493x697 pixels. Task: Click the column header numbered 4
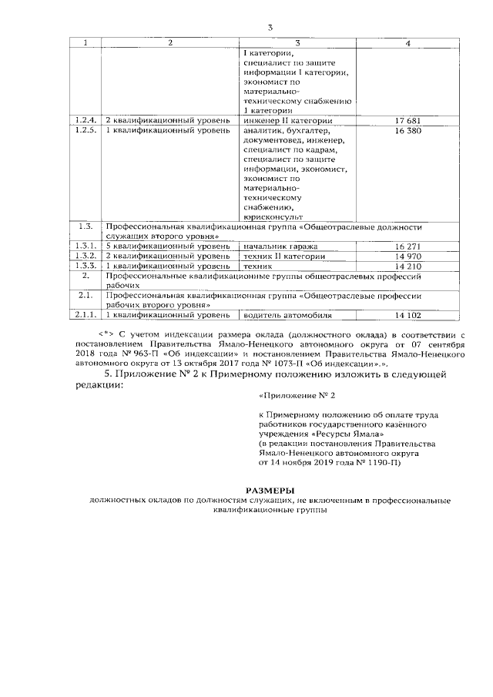407,42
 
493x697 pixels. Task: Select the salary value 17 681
407,121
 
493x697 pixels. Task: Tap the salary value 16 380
407,131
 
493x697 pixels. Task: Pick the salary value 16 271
407,246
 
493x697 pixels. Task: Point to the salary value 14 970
407,256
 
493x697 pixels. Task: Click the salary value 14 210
407,266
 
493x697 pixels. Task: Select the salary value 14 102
407,315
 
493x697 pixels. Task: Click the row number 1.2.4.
85,121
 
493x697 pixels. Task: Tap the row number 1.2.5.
85,131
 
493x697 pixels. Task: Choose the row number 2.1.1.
85,315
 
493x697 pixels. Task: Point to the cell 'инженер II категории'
287,121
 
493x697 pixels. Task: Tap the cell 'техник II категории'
283,256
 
